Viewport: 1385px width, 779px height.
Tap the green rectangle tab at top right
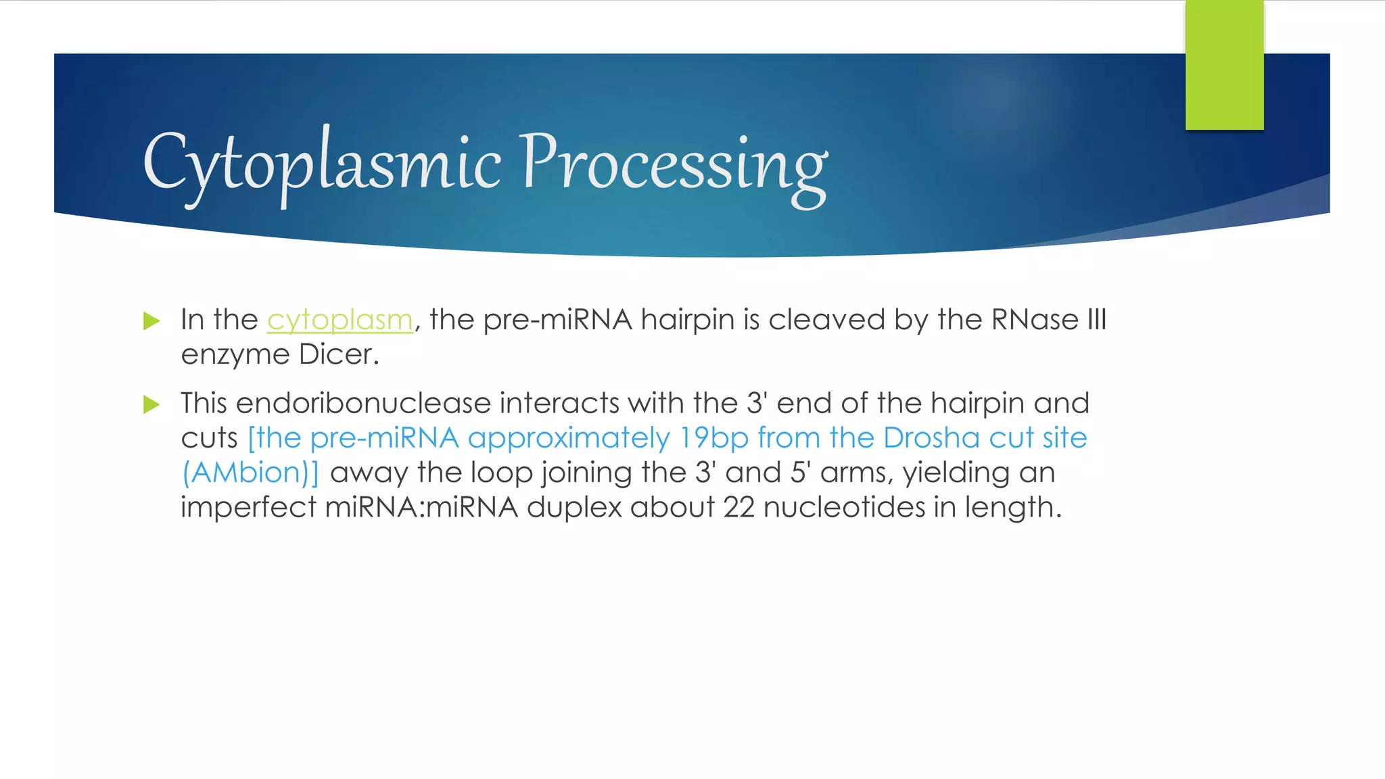[x=1224, y=66]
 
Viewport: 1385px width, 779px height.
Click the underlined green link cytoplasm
[x=339, y=320]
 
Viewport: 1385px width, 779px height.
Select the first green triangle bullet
[x=151, y=321]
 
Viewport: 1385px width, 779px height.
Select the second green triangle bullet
[x=151, y=404]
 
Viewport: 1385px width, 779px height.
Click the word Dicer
[x=338, y=354]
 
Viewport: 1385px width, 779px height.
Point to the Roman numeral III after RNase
[x=1096, y=320]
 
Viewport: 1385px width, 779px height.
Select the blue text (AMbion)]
[x=250, y=473]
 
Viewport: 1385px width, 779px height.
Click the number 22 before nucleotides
[x=738, y=507]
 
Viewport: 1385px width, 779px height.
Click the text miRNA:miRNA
[x=421, y=507]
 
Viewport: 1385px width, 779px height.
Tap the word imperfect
[x=248, y=507]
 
